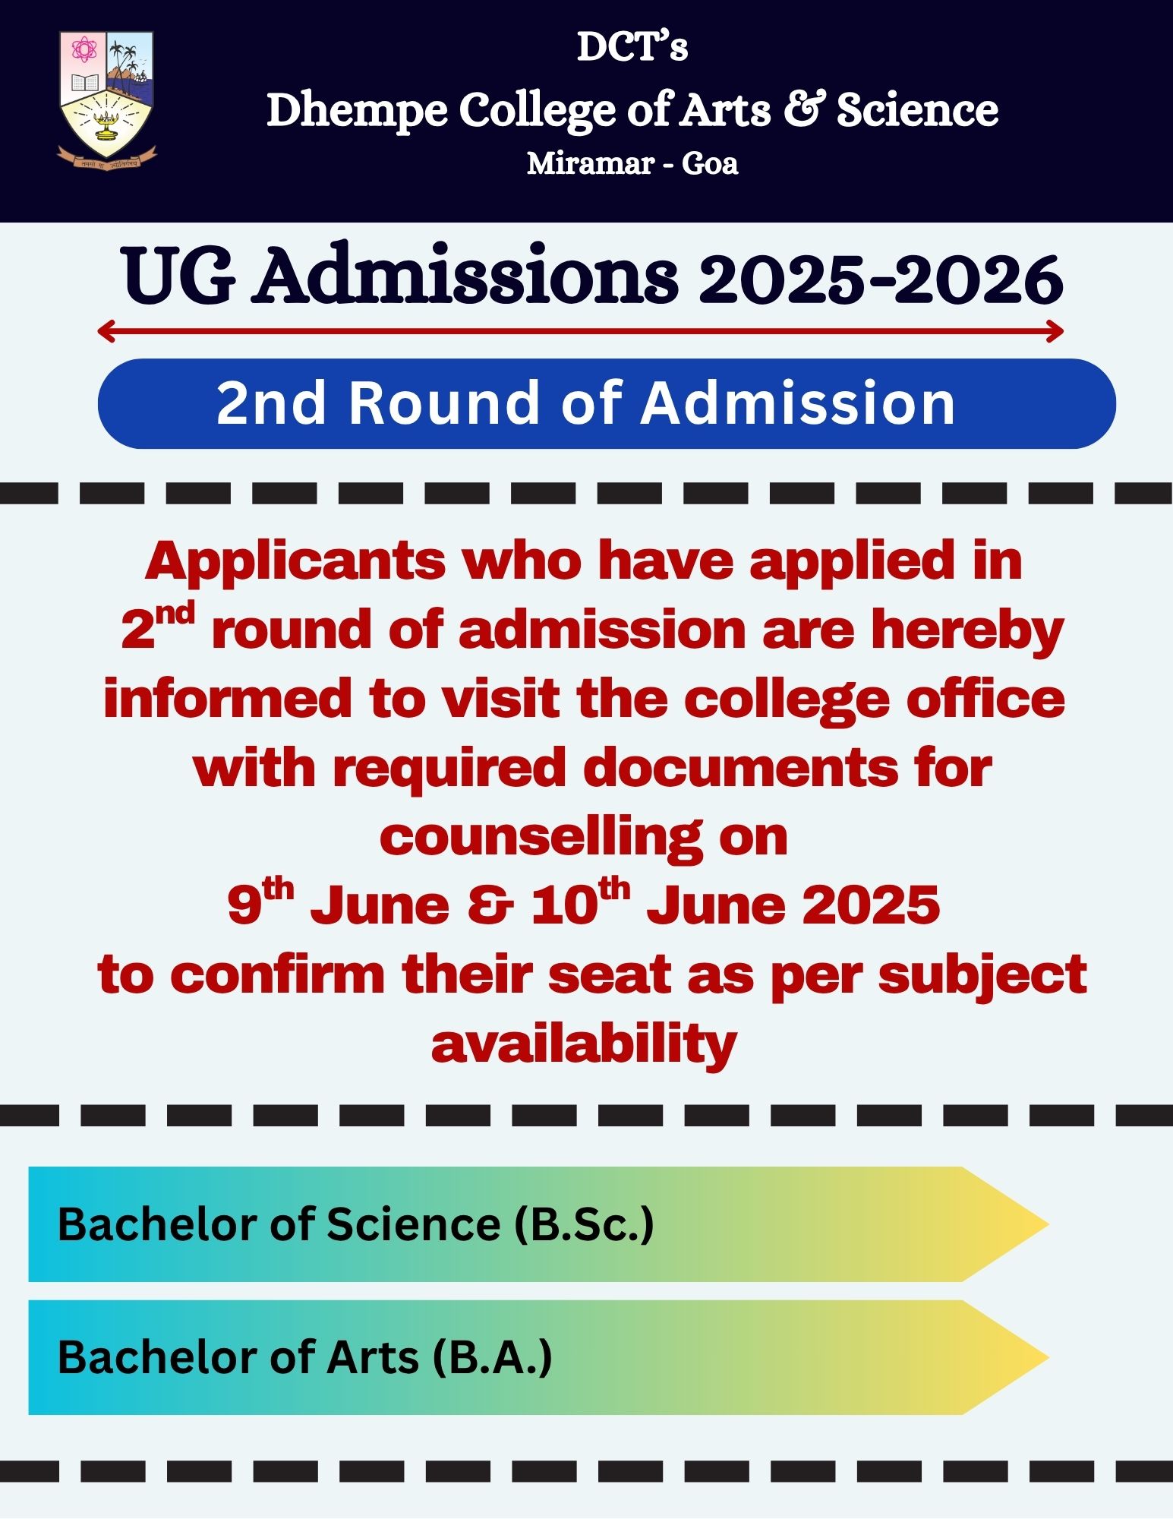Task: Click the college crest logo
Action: coord(107,99)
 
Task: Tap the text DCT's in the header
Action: coord(632,47)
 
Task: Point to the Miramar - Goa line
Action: coord(632,163)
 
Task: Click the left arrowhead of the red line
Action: coord(106,330)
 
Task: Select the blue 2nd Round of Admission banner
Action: coord(607,403)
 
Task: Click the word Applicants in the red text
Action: coord(296,562)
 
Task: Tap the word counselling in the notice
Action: coord(541,838)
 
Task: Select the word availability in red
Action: coord(584,1044)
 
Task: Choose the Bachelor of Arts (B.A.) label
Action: coord(305,1357)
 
